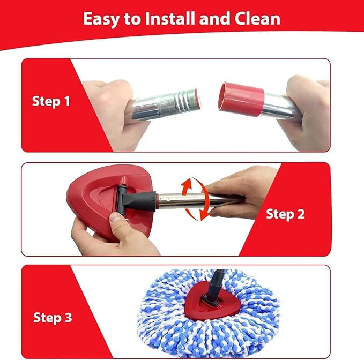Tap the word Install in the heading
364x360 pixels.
coord(170,19)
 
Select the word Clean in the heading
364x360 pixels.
coord(257,19)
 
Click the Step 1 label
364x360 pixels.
coord(51,102)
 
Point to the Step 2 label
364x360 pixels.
coord(285,214)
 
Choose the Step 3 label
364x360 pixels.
coord(53,318)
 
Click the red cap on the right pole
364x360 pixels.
coord(241,99)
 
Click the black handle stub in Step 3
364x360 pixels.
coord(215,286)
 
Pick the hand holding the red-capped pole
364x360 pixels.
coord(307,111)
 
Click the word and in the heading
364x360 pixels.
coord(215,19)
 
